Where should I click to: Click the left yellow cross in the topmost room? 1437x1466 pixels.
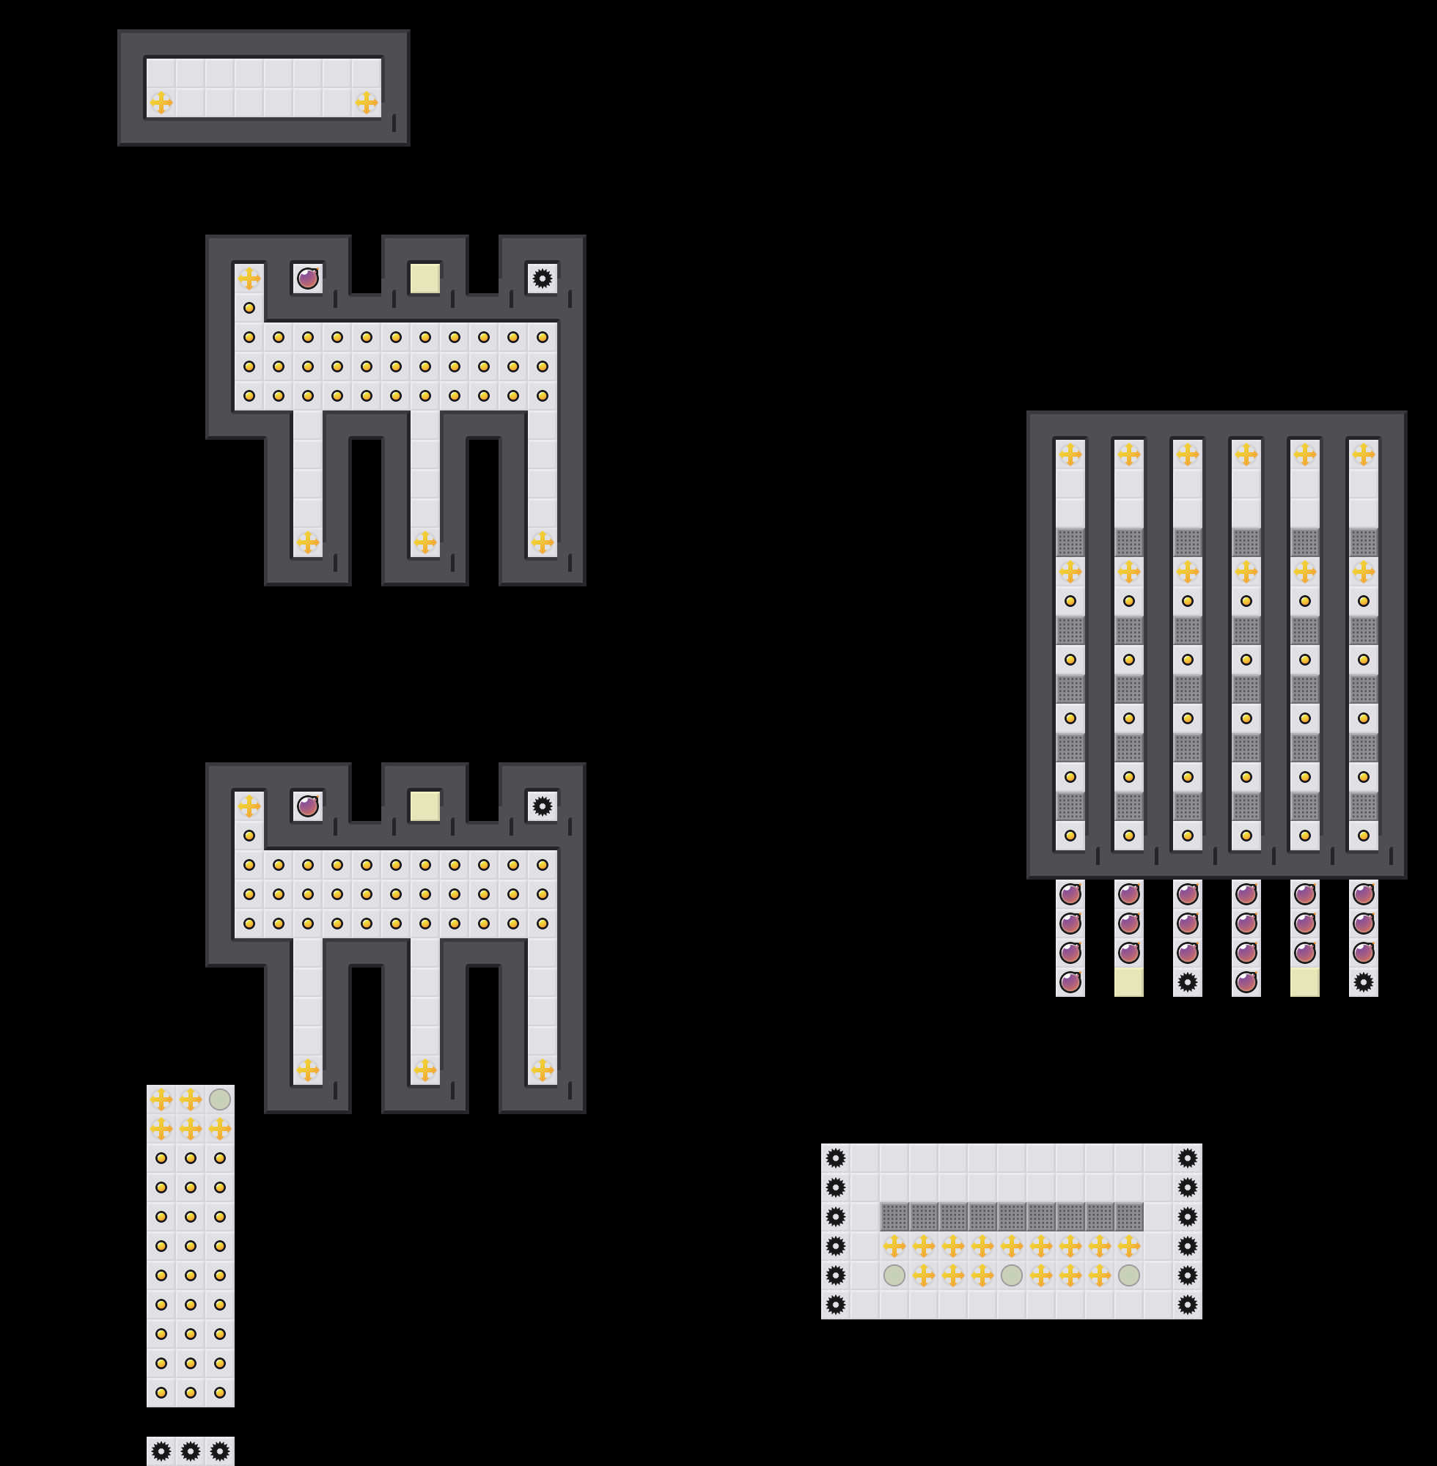pyautogui.click(x=161, y=102)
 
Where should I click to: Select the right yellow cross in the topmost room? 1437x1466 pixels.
pyautogui.click(x=366, y=102)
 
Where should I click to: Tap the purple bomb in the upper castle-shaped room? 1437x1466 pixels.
pyautogui.click(x=307, y=279)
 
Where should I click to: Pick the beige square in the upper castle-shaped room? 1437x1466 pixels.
pyautogui.click(x=425, y=279)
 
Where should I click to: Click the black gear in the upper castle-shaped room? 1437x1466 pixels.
pyautogui.click(x=542, y=279)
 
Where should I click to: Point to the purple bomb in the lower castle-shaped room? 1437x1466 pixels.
pyautogui.click(x=307, y=806)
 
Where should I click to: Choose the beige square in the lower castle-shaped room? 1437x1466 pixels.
pyautogui.click(x=425, y=806)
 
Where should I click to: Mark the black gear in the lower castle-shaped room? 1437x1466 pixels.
pyautogui.click(x=542, y=806)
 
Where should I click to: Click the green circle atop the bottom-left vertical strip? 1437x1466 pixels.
pyautogui.click(x=220, y=1099)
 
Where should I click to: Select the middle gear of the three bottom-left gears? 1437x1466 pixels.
pyautogui.click(x=190, y=1451)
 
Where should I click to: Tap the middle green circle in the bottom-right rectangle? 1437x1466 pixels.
pyautogui.click(x=1011, y=1275)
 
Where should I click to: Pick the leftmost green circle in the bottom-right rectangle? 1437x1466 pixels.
pyautogui.click(x=894, y=1275)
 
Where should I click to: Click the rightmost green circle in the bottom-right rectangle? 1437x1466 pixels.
pyautogui.click(x=1129, y=1275)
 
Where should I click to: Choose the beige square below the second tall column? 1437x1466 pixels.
pyautogui.click(x=1129, y=981)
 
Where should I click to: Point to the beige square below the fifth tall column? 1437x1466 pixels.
pyautogui.click(x=1305, y=981)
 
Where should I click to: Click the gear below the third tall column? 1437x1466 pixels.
pyautogui.click(x=1187, y=981)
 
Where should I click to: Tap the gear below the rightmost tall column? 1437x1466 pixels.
pyautogui.click(x=1363, y=981)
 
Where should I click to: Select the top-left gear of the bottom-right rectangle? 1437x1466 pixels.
pyautogui.click(x=836, y=1158)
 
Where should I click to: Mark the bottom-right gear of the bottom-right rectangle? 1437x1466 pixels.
pyautogui.click(x=1187, y=1305)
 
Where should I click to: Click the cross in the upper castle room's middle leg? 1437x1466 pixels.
pyautogui.click(x=425, y=542)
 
